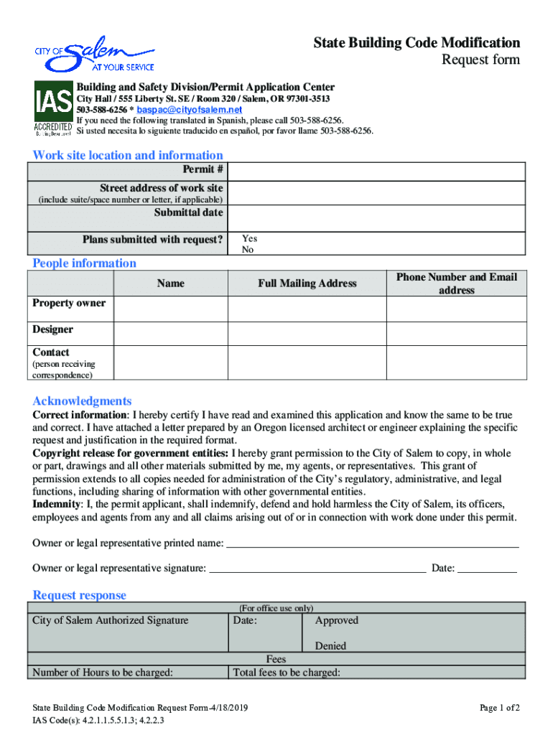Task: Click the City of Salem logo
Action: (94, 55)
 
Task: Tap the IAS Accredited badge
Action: (53, 108)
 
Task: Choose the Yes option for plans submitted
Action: (249, 238)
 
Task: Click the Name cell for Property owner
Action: (171, 309)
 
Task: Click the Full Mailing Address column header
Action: (307, 284)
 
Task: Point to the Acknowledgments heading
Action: (82, 401)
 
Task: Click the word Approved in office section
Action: (336, 621)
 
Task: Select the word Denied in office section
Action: (330, 646)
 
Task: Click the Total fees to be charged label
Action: (287, 673)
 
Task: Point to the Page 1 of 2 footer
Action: (499, 708)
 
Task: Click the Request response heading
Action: (79, 595)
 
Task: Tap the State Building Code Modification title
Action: (417, 43)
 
